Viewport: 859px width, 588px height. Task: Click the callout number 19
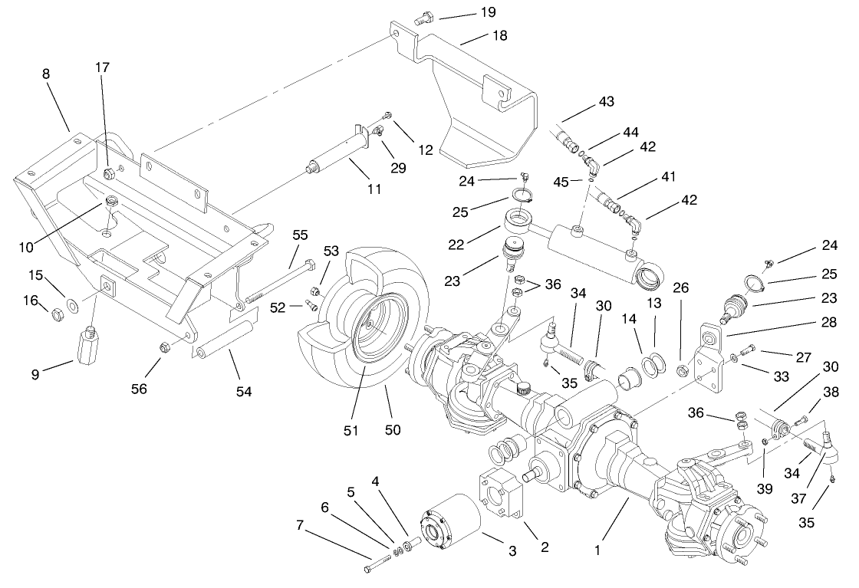point(487,12)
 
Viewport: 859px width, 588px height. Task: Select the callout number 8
point(46,74)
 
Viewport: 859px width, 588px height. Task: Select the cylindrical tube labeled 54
point(225,340)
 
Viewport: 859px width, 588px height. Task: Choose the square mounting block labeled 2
point(502,496)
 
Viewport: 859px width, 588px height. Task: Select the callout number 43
point(606,102)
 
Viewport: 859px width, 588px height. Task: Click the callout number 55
point(299,235)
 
